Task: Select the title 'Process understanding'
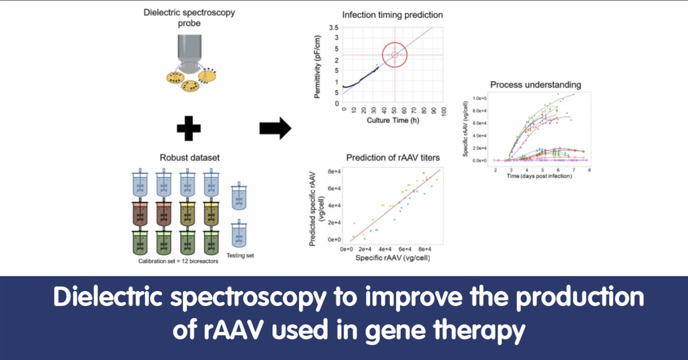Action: coord(535,85)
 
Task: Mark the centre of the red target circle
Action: coord(394,55)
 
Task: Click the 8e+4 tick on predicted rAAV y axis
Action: coord(334,171)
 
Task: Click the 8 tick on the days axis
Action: coord(588,170)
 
